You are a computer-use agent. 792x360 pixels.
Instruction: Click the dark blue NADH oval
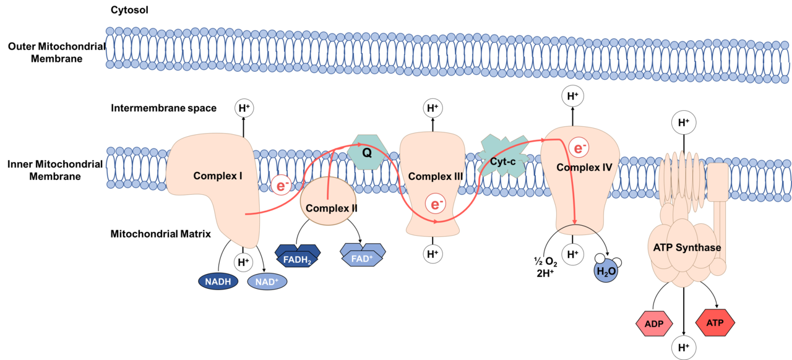[x=218, y=282]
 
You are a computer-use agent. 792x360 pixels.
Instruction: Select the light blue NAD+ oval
[x=267, y=282]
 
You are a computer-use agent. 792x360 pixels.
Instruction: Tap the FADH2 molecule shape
[x=298, y=256]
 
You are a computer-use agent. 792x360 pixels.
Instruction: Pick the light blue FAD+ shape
[x=363, y=255]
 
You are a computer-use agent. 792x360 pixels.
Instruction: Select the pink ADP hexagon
[x=659, y=324]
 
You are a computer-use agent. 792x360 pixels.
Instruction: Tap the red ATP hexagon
[x=715, y=322]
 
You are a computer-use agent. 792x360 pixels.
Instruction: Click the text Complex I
[x=217, y=176]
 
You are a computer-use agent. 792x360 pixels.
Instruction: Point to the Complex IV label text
[x=584, y=167]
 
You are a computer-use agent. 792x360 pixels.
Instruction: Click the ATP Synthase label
[x=687, y=247]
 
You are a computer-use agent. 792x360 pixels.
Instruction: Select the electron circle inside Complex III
[x=436, y=204]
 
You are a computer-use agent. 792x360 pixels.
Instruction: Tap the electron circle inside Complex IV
[x=579, y=148]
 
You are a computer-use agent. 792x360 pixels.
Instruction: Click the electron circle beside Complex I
[x=282, y=185]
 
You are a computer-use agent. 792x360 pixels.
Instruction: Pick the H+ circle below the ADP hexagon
[x=684, y=347]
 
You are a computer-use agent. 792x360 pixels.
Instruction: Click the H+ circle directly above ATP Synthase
[x=684, y=122]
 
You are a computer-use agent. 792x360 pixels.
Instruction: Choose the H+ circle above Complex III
[x=433, y=108]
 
